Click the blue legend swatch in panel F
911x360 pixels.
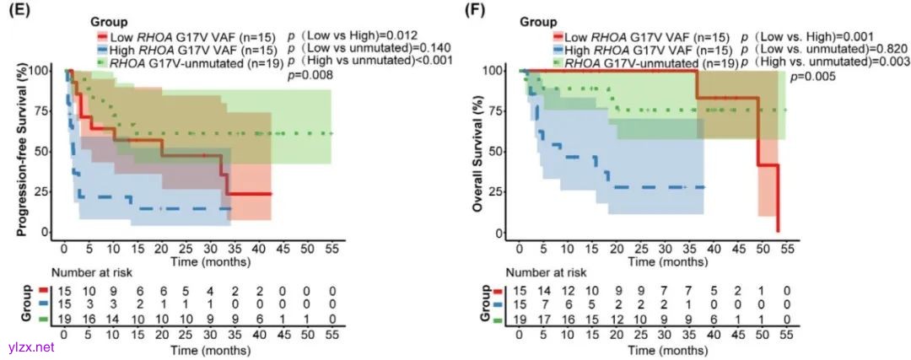[x=558, y=51]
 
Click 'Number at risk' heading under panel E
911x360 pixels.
[x=94, y=274]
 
